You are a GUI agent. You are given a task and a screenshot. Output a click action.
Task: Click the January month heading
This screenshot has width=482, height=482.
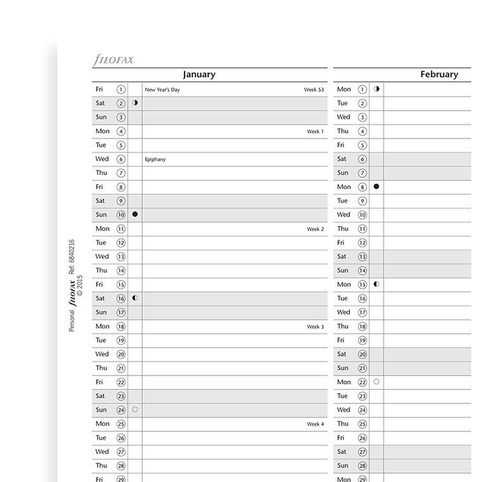[x=199, y=74]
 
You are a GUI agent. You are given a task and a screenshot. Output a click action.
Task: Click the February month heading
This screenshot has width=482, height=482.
[x=439, y=74]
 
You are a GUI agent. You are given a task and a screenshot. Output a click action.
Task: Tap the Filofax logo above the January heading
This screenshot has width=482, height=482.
[x=114, y=60]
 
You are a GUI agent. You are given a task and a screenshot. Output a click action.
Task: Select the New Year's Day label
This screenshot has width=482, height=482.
[x=162, y=90]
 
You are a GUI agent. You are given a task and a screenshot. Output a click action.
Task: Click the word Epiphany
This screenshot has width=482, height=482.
[x=155, y=160]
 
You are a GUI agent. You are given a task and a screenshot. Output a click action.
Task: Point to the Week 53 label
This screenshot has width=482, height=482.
[x=314, y=90]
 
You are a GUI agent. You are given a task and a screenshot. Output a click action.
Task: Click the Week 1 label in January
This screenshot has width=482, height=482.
[x=315, y=132]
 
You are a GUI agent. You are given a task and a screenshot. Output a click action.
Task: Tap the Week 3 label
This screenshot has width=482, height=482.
[x=315, y=327]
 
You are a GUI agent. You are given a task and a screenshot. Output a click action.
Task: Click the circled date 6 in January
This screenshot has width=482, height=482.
[x=121, y=160]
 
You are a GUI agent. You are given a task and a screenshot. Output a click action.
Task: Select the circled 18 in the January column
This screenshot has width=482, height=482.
[x=121, y=327]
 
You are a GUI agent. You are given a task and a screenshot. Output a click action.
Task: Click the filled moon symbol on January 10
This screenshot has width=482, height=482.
[x=135, y=214]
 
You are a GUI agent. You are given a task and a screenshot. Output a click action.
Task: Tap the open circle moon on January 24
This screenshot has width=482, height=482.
[x=135, y=410]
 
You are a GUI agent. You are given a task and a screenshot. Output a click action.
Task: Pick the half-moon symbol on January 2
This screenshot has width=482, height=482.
[x=135, y=103]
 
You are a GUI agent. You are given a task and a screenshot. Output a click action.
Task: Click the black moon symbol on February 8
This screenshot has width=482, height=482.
[x=377, y=186]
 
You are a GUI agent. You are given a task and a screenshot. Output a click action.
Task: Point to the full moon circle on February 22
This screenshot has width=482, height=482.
[x=377, y=382]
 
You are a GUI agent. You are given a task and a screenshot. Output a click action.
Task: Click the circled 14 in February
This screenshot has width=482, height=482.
[x=363, y=271]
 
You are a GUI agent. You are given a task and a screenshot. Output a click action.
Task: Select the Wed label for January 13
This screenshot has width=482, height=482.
[x=102, y=257]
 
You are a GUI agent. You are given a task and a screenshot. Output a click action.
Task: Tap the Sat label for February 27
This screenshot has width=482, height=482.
[x=342, y=452]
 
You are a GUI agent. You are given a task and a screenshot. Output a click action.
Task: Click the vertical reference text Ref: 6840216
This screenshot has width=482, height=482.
[x=72, y=257]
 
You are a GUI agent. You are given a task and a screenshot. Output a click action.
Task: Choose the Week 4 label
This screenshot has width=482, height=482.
[x=315, y=424]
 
